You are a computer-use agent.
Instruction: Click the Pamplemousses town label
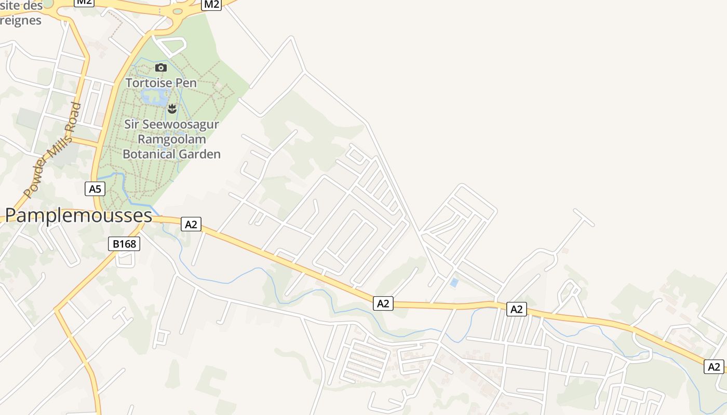click(x=78, y=215)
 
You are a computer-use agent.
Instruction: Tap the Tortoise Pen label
click(x=161, y=83)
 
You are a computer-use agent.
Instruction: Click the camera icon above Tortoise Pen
click(x=161, y=67)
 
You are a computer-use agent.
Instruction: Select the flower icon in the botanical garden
click(x=172, y=108)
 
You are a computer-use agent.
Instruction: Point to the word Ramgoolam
click(x=171, y=139)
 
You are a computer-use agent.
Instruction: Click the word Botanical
click(x=149, y=154)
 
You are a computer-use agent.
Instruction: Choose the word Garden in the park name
click(x=199, y=154)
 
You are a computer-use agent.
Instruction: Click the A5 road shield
click(x=95, y=189)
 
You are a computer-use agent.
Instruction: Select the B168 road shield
click(x=124, y=244)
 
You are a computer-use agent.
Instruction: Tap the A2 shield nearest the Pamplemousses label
click(x=191, y=224)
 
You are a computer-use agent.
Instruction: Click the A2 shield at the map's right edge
click(x=714, y=366)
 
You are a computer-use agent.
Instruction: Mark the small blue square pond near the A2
click(x=454, y=283)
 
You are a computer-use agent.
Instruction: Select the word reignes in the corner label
click(x=21, y=20)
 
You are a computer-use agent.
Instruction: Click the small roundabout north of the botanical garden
click(x=178, y=11)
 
